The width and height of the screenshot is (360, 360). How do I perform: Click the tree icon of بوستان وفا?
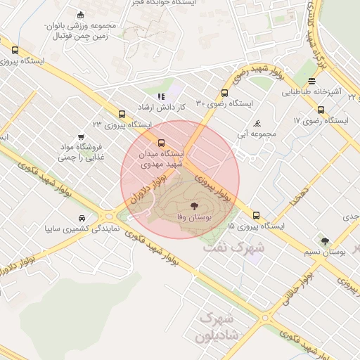click(x=194, y=206)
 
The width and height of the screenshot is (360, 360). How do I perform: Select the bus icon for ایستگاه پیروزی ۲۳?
click(x=122, y=113)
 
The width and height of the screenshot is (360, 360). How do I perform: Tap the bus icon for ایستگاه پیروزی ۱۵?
click(x=256, y=215)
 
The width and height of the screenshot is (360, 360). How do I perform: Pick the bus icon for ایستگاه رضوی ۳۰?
click(x=224, y=93)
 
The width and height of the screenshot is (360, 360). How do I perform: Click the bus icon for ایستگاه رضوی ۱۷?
click(x=321, y=110)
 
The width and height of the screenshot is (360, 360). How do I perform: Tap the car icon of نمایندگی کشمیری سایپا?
click(x=82, y=217)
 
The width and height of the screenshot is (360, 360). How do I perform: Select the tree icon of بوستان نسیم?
click(x=324, y=241)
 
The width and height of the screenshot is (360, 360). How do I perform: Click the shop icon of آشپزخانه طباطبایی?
click(x=312, y=81)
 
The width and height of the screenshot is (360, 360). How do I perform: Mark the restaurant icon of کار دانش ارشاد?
click(x=161, y=96)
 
